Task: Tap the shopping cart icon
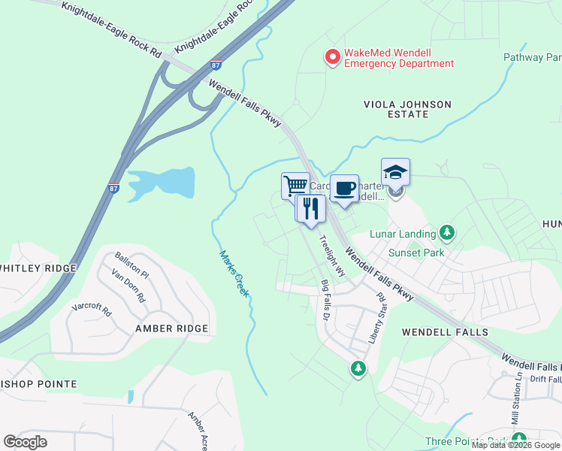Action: tap(295, 185)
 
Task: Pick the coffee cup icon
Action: tap(344, 189)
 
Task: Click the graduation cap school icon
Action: tap(395, 172)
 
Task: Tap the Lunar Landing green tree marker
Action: tap(448, 232)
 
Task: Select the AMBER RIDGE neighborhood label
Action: tap(171, 328)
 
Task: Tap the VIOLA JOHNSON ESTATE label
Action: tap(407, 109)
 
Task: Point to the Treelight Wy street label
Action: tap(331, 256)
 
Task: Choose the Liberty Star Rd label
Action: tap(376, 319)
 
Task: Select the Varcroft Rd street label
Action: tap(91, 308)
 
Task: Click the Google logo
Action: tap(26, 442)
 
